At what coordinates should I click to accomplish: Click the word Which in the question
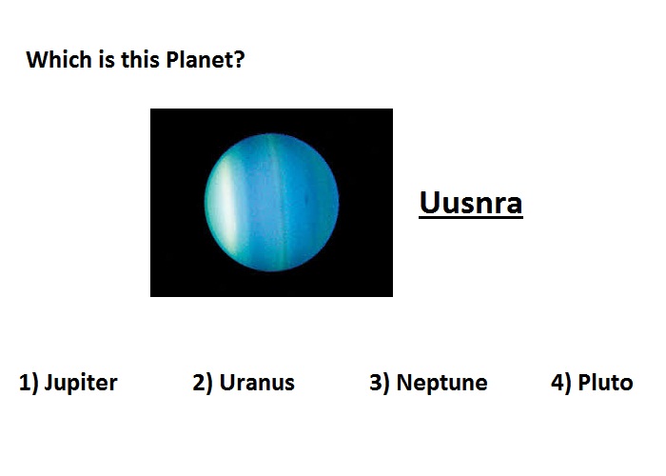(59, 59)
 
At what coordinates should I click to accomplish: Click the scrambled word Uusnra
(471, 203)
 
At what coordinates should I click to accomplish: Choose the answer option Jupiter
(81, 383)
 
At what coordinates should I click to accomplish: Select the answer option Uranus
(257, 383)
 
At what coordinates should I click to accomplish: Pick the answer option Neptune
(441, 383)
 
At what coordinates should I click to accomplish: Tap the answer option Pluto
(605, 383)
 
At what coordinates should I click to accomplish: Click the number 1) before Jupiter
(29, 383)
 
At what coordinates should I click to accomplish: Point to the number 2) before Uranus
(202, 383)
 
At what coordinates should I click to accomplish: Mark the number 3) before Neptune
(380, 383)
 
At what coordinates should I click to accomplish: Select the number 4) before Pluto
(561, 383)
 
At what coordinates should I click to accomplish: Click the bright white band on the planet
(226, 204)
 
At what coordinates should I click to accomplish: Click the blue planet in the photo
(272, 202)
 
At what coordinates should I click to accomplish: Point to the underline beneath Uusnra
(471, 218)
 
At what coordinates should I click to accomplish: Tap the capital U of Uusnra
(428, 203)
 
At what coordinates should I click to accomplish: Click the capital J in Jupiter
(49, 383)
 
